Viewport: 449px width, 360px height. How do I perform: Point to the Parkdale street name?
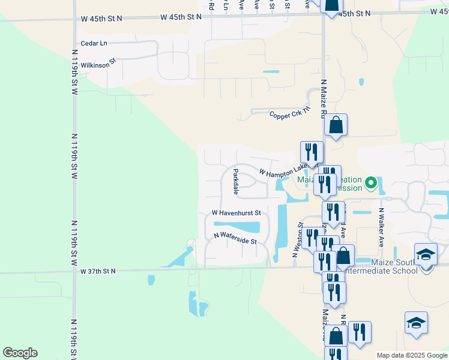(236, 182)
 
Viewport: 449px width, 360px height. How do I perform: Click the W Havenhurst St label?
(236, 213)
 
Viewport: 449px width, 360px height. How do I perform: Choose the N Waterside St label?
(235, 238)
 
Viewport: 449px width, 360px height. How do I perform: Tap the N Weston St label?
(296, 240)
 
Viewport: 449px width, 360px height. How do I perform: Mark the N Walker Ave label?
(381, 229)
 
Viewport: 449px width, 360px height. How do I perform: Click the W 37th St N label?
(98, 271)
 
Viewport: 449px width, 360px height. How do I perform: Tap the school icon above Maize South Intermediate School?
(426, 254)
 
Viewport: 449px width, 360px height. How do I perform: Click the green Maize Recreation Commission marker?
(371, 182)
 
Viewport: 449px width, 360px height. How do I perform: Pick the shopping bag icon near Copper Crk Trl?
(336, 125)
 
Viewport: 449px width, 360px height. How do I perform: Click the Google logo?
(20, 353)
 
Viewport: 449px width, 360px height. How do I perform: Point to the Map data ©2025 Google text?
(411, 355)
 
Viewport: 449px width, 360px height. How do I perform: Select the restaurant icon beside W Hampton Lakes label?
(311, 152)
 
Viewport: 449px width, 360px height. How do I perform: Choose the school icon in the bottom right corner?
(416, 323)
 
